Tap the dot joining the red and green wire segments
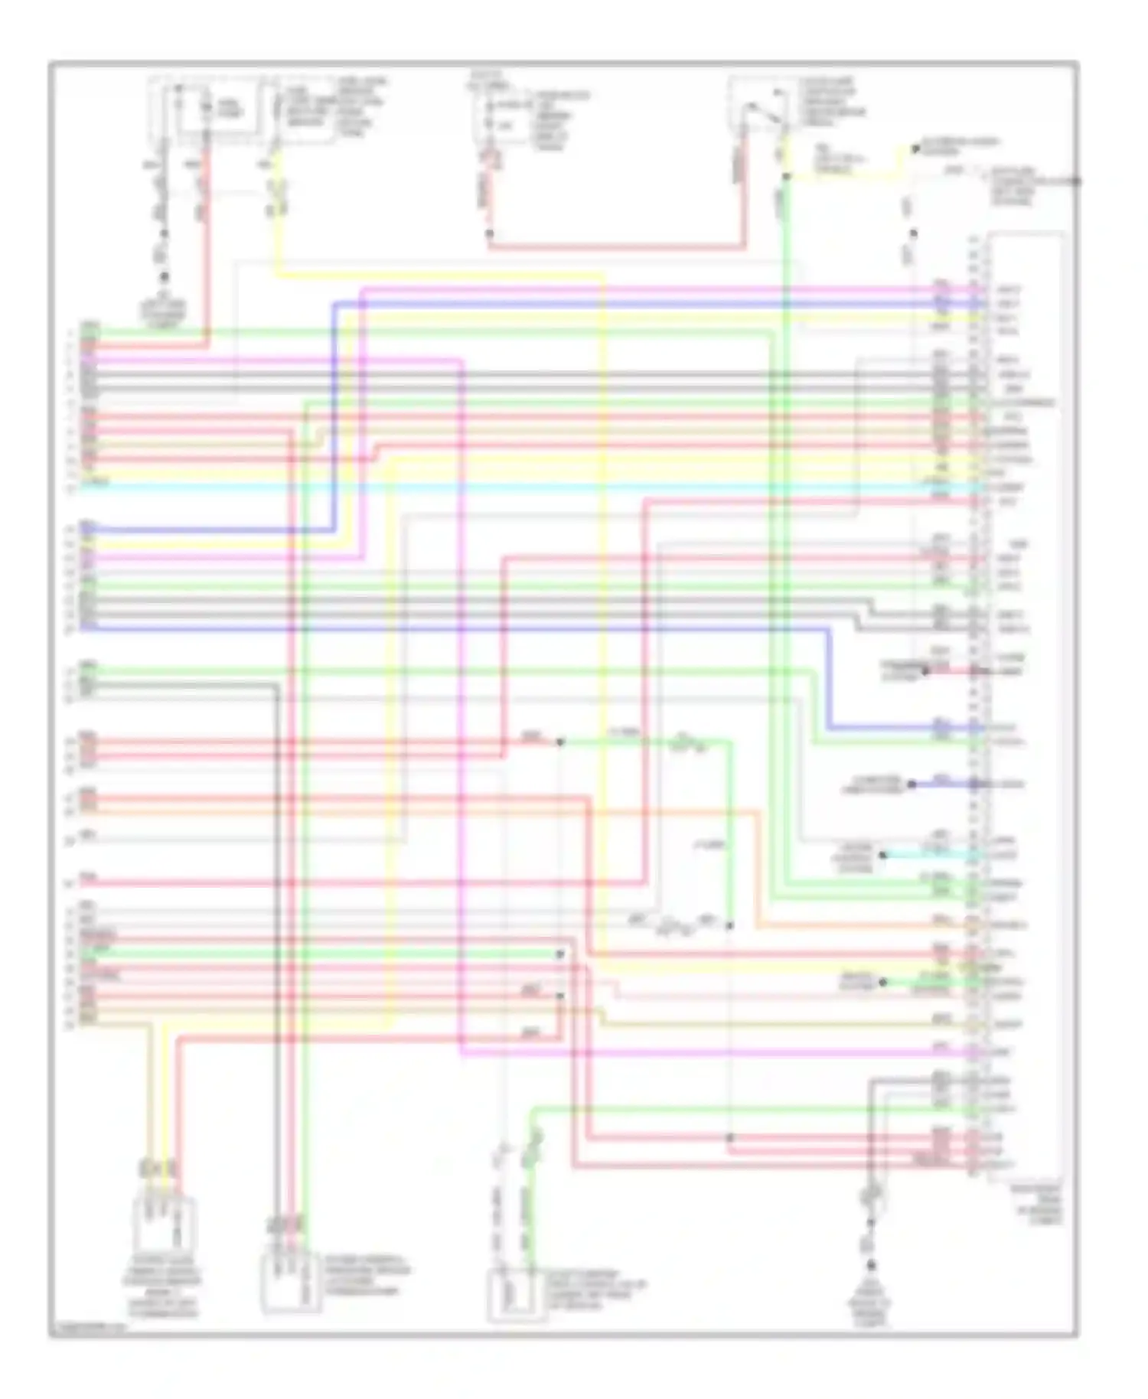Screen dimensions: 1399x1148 (560, 742)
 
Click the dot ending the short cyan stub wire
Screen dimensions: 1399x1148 (883, 855)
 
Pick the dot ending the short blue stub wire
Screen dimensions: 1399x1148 (912, 784)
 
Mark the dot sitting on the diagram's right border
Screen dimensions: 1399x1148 (1076, 181)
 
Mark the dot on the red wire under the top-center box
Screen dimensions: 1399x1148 (490, 233)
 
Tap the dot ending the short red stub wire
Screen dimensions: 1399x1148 (925, 671)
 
